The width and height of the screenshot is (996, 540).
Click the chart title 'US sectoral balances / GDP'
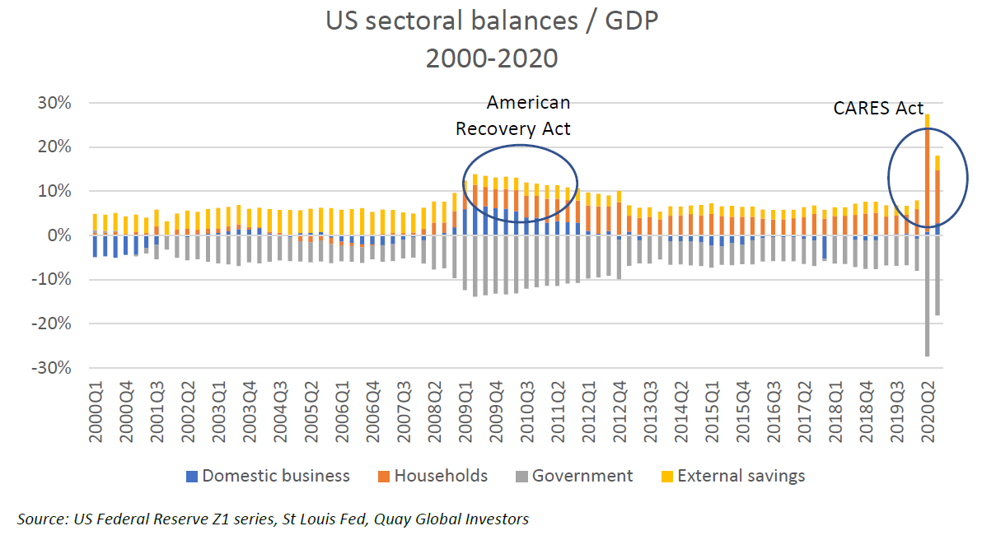[x=493, y=21]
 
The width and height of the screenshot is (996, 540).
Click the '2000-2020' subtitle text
[x=492, y=58]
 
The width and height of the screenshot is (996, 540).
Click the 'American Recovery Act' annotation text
[x=513, y=115]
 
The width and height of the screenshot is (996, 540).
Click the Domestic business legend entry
[x=268, y=476]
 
